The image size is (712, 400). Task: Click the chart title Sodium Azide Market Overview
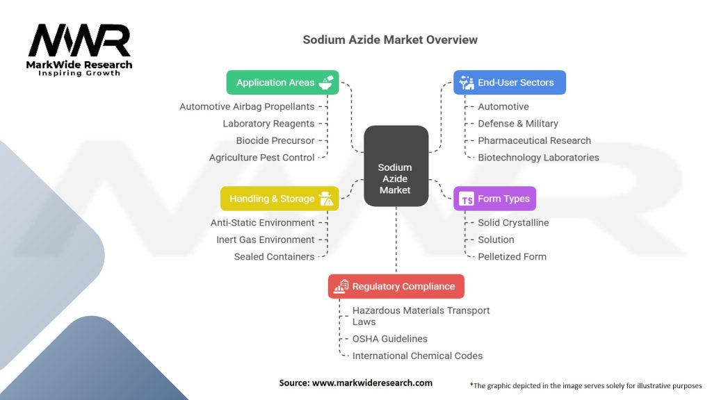[390, 40]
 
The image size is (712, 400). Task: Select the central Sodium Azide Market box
[395, 165]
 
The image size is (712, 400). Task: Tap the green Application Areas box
[282, 82]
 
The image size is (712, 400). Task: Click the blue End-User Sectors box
[509, 82]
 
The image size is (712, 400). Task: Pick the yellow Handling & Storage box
[280, 199]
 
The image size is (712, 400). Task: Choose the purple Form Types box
[494, 199]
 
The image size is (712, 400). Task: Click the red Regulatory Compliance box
[396, 286]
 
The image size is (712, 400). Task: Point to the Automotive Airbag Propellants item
[247, 106]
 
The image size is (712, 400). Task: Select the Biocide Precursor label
[275, 140]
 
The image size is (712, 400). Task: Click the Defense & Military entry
[517, 124]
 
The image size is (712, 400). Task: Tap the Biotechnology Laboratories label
[537, 158]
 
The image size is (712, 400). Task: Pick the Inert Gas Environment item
[265, 240]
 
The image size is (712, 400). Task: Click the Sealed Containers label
[274, 256]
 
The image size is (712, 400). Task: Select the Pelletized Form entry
[512, 256]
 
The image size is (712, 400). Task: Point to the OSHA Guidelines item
[389, 339]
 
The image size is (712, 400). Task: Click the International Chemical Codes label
[417, 356]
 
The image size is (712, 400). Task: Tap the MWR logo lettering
[79, 42]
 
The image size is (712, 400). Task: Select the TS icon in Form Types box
[467, 199]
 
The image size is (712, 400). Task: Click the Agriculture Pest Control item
[261, 158]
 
